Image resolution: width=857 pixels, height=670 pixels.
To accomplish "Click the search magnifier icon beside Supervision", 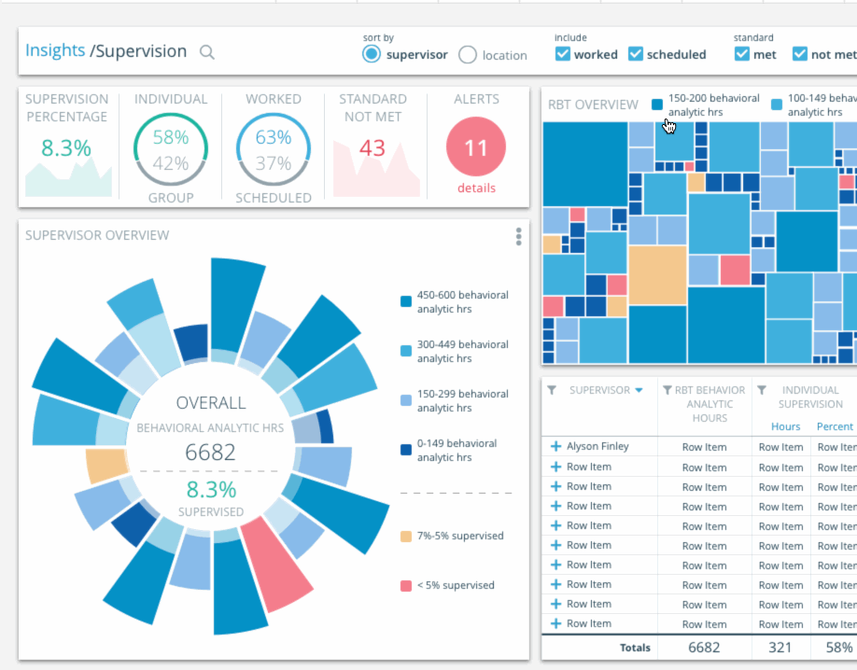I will (x=207, y=52).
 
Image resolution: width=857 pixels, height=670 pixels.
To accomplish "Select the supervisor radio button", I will (x=372, y=54).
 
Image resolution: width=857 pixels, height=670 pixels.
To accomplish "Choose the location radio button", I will (x=468, y=55).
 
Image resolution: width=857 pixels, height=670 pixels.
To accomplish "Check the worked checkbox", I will (x=563, y=54).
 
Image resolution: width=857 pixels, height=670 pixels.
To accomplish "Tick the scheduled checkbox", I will (x=636, y=54).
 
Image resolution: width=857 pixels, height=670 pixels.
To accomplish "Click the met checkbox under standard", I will (x=742, y=54).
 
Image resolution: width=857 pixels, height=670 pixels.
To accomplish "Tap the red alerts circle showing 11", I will (x=476, y=147).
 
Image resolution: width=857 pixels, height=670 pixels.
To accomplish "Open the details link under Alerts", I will (x=476, y=188).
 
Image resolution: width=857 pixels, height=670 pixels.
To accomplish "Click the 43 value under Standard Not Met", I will (x=372, y=148).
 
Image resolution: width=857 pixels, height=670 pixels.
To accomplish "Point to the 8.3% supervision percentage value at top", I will (x=66, y=148).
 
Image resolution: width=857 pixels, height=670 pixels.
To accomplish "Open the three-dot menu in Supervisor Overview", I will (x=519, y=237).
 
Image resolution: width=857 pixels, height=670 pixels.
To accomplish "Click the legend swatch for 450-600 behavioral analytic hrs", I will (x=406, y=301).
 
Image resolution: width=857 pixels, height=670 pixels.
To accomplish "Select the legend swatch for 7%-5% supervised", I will (x=406, y=537).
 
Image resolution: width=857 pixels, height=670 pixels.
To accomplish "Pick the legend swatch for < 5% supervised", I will (x=406, y=586).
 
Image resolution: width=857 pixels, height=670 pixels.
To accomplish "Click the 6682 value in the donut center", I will (x=210, y=454).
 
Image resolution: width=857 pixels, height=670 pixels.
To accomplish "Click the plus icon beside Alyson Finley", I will (x=555, y=447).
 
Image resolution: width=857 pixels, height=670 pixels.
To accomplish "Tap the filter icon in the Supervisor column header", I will (x=552, y=390).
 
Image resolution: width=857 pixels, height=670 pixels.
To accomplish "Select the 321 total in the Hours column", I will (x=780, y=648).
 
